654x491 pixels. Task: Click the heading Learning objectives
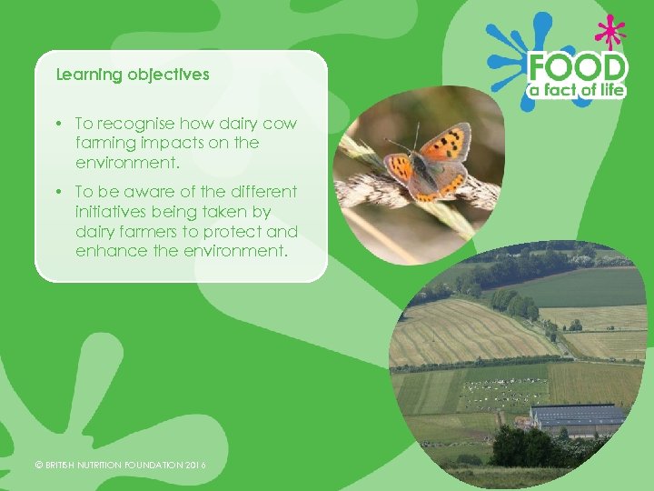tap(133, 75)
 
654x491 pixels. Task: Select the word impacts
tap(164, 144)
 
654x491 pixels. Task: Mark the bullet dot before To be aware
tap(57, 192)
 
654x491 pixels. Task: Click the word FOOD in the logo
tap(578, 68)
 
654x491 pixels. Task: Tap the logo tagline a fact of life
tap(578, 91)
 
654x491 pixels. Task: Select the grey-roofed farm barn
tap(578, 419)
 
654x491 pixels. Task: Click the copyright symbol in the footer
tap(38, 466)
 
